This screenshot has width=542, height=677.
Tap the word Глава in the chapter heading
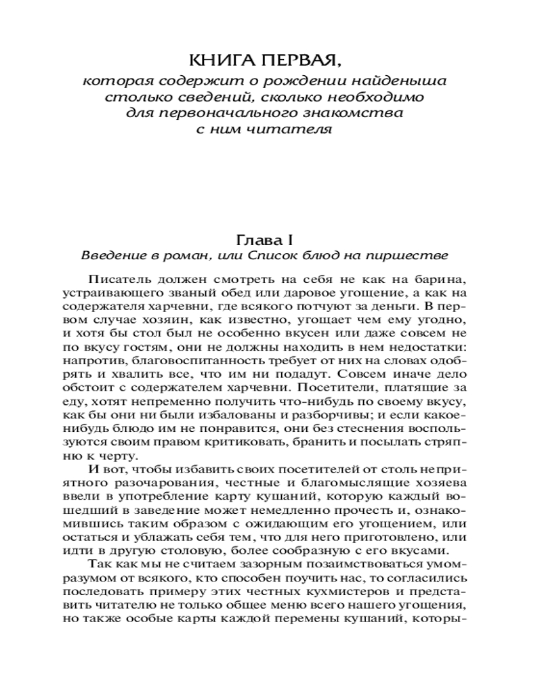click(x=255, y=240)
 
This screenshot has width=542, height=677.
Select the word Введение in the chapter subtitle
click(x=110, y=256)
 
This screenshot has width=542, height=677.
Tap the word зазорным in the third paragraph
click(x=244, y=564)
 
